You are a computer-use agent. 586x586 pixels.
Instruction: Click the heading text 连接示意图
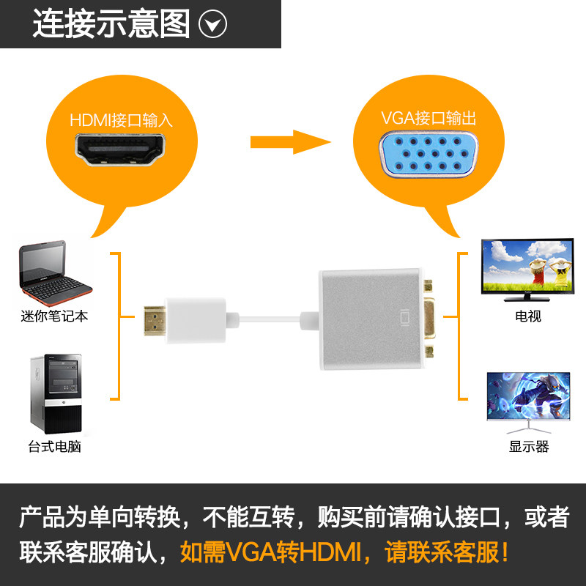pyautogui.click(x=111, y=24)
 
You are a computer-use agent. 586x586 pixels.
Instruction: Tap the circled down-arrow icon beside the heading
pyautogui.click(x=213, y=25)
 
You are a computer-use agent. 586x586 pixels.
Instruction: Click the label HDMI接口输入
pyautogui.click(x=122, y=120)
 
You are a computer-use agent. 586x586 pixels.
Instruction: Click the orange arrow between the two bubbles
pyautogui.click(x=292, y=141)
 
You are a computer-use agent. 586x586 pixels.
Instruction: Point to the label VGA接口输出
pyautogui.click(x=429, y=117)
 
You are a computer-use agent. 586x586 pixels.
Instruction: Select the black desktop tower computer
pyautogui.click(x=56, y=395)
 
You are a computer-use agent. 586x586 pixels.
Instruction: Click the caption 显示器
pyautogui.click(x=528, y=446)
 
